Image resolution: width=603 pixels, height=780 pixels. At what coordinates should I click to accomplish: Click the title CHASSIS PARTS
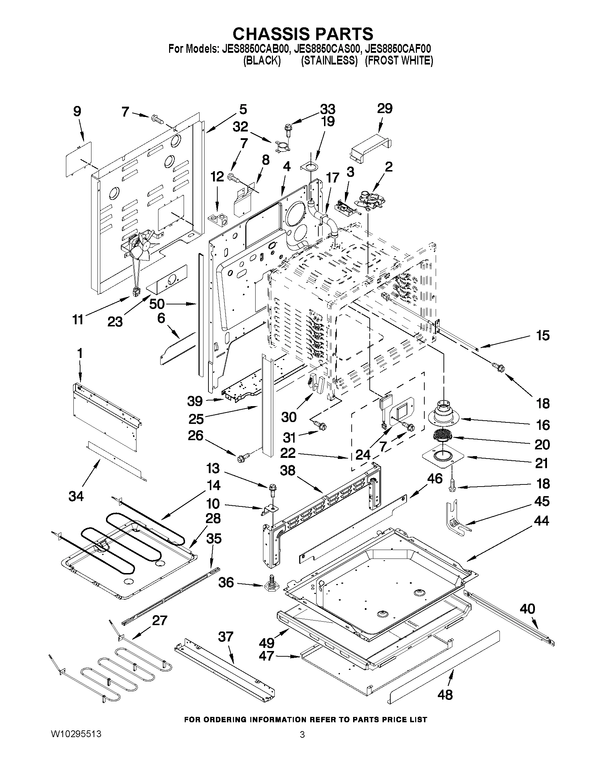click(x=303, y=34)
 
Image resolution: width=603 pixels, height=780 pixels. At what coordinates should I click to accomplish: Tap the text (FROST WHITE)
click(x=399, y=61)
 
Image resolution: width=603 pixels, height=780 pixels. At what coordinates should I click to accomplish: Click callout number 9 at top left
click(x=77, y=111)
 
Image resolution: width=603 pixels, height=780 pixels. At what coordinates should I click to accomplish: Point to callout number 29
click(x=384, y=108)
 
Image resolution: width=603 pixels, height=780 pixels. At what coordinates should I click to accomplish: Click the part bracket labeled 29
click(x=370, y=147)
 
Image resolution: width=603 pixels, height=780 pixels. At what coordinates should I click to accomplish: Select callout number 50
click(x=156, y=304)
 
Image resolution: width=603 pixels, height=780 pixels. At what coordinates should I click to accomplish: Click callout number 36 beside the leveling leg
click(x=226, y=583)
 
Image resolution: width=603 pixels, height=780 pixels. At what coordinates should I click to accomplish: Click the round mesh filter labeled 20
click(x=442, y=436)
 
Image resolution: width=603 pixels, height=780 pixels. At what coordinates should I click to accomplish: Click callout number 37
click(x=225, y=636)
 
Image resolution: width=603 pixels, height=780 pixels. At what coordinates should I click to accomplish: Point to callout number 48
click(x=445, y=695)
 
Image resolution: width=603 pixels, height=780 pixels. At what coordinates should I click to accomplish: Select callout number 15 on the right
click(x=543, y=336)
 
